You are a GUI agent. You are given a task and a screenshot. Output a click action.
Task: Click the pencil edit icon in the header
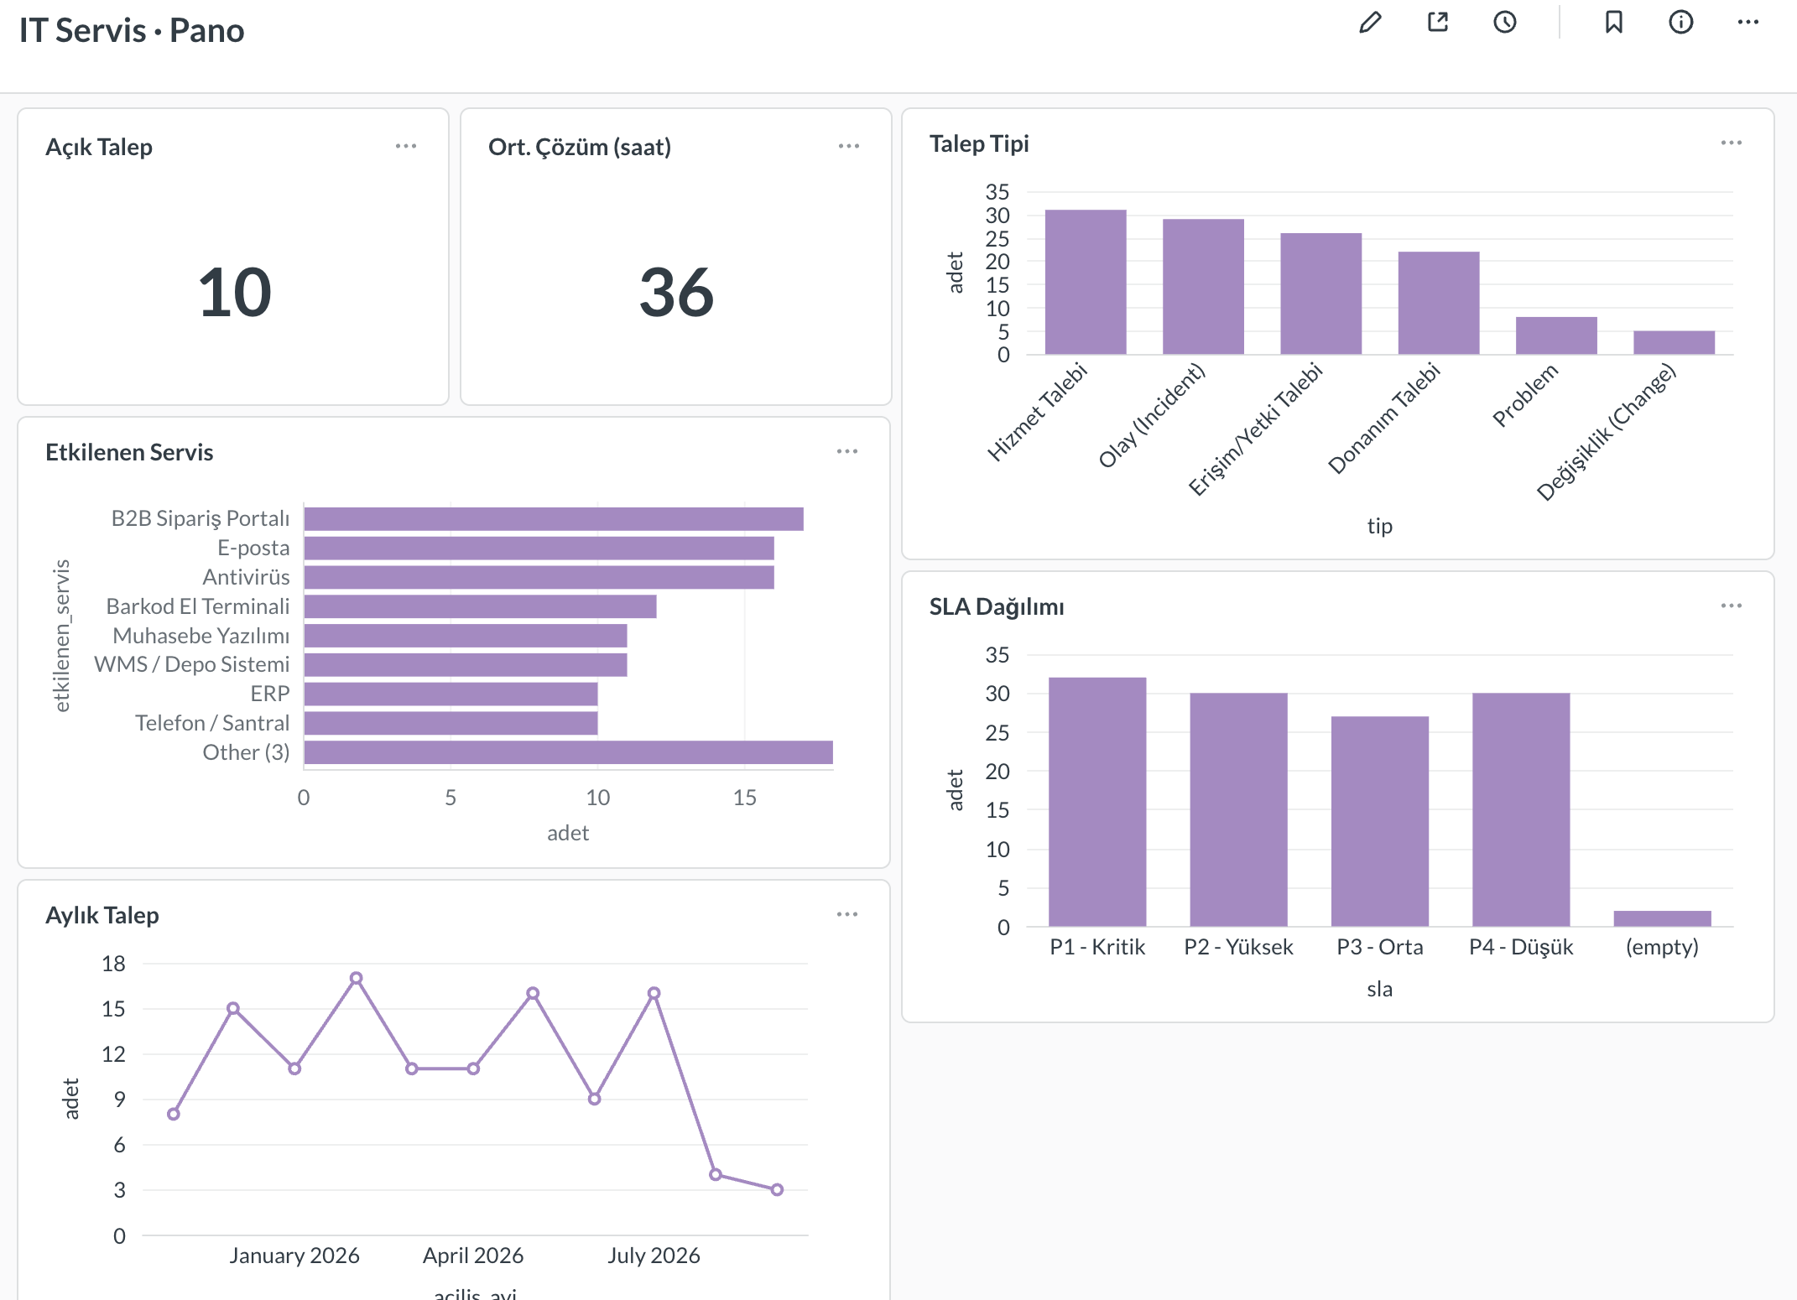coord(1370,22)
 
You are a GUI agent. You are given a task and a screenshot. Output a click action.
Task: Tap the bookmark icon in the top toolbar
coord(1613,22)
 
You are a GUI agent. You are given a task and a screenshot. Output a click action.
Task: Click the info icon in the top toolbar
coord(1680,22)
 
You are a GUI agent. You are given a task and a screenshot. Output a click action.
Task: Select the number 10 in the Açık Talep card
coord(235,292)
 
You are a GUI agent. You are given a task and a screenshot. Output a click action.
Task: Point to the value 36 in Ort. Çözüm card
coord(676,292)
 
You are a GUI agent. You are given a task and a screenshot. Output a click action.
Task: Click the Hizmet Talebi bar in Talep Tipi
coord(1086,282)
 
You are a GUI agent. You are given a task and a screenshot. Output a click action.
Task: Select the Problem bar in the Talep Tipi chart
coord(1556,335)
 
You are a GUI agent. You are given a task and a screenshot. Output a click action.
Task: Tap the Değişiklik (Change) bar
coord(1674,342)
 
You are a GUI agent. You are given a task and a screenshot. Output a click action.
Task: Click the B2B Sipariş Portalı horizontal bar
coord(554,519)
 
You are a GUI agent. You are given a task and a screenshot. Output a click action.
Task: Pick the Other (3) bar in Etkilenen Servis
coord(569,752)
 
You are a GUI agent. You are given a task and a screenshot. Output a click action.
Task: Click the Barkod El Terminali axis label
coord(198,606)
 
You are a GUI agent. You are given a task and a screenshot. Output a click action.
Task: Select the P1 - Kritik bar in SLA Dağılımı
coord(1097,802)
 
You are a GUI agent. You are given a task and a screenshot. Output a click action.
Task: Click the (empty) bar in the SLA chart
coord(1662,918)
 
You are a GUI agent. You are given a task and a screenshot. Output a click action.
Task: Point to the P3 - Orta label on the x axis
coord(1380,947)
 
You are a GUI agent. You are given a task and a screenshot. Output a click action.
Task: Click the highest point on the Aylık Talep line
coord(357,978)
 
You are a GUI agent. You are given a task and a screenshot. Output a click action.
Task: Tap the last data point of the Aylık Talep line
coord(777,1189)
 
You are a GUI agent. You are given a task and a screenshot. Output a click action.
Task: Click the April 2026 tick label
coord(473,1256)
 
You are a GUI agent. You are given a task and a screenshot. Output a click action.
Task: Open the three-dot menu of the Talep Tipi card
coord(1731,143)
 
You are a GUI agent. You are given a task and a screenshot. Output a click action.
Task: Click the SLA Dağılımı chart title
coord(997,606)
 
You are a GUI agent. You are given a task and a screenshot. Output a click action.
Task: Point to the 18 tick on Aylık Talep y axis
coord(113,964)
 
